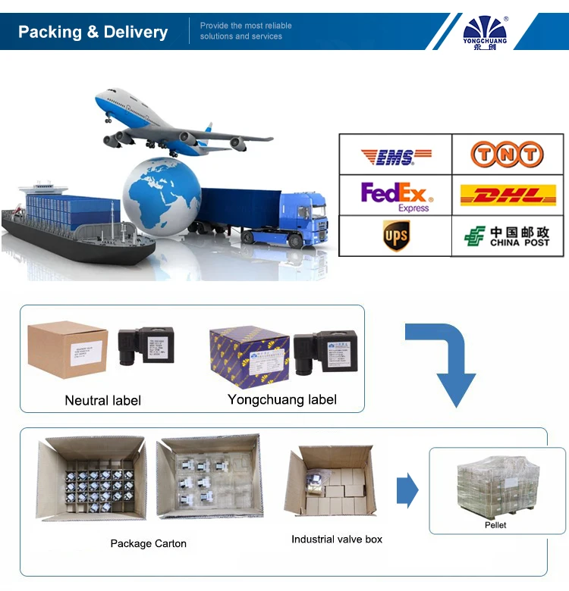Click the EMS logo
[395, 156]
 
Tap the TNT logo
[508, 155]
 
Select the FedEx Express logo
[395, 195]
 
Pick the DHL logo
[508, 195]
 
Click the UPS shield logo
[395, 236]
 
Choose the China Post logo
[508, 236]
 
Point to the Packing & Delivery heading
[93, 32]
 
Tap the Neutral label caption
[102, 400]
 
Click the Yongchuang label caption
[282, 399]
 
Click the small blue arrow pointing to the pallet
[407, 490]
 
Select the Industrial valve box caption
[337, 539]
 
